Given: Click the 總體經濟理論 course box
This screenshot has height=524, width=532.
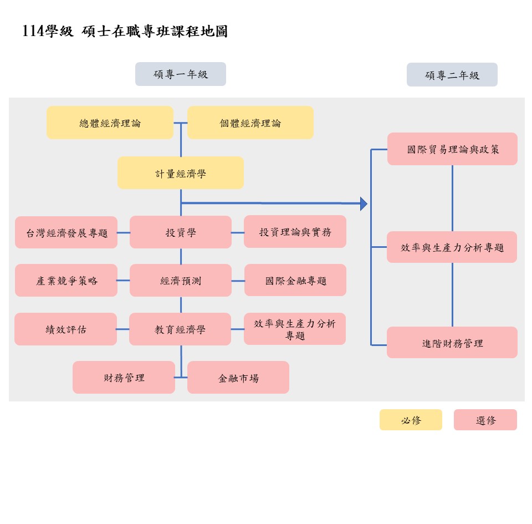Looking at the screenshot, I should pos(110,123).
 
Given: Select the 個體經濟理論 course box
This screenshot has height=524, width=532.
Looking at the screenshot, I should pos(250,123).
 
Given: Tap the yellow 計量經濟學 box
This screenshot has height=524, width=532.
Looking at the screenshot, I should pos(180,173).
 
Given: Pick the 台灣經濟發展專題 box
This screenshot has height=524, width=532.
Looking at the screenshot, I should pos(66,232).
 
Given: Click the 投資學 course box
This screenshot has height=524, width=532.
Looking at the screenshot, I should pos(180,232).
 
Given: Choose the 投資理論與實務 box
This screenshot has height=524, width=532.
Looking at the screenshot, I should pos(295,232).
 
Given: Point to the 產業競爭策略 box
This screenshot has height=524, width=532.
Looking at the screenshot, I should pos(66,281).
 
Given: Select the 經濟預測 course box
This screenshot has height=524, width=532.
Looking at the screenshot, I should pos(180,281).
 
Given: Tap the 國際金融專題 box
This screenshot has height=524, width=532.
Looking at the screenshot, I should pos(295,280).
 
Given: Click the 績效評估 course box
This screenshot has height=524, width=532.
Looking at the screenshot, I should pos(65,329).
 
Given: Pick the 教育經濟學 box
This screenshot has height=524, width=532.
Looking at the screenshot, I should pos(180,329).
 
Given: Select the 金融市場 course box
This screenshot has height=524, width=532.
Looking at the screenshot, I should pos(238,378).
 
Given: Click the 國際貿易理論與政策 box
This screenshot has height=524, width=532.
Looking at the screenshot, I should pos(452,149).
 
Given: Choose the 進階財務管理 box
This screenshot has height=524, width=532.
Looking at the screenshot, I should pos(452,343).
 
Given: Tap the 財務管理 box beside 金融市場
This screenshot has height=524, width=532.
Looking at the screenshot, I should pos(124,378).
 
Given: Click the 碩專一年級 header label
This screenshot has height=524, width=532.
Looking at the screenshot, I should pos(181,74).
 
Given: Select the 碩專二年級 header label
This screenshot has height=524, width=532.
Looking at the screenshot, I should pos(452,75).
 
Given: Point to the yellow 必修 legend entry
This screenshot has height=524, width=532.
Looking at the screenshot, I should pos(411,420).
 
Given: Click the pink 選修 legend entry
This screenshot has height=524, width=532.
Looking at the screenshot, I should pos(485,420).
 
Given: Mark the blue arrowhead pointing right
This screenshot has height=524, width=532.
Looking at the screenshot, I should pos(364,204).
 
